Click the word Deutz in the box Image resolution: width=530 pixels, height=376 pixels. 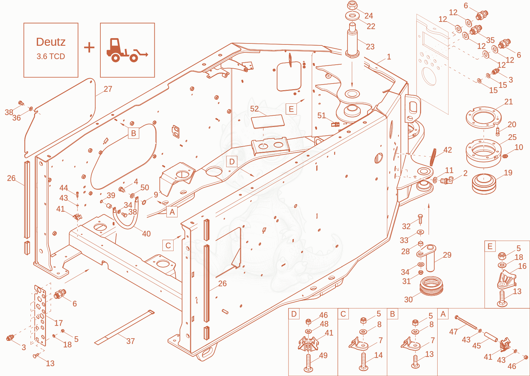(x=51, y=42)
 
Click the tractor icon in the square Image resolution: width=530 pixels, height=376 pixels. (x=127, y=50)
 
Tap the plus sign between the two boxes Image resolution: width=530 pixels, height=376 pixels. (x=89, y=47)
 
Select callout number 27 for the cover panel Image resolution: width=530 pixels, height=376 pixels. (x=108, y=89)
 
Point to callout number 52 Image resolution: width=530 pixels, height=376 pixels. (x=254, y=109)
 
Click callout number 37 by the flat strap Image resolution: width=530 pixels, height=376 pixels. (x=131, y=341)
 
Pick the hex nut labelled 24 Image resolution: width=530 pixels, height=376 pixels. (x=352, y=5)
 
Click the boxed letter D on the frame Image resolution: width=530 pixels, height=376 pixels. (x=232, y=162)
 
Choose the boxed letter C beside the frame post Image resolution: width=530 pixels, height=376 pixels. (x=168, y=245)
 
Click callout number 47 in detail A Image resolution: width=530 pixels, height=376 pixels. (x=453, y=332)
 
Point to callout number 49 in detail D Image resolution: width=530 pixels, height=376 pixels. (x=323, y=355)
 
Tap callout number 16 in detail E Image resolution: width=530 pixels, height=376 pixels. (x=522, y=266)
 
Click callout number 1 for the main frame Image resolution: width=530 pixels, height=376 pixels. (x=389, y=57)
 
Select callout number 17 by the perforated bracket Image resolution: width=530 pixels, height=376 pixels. (x=58, y=323)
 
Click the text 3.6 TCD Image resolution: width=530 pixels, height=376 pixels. (x=51, y=56)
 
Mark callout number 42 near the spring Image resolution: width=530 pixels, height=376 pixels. (x=448, y=150)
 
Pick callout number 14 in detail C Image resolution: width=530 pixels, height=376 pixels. (x=378, y=355)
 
